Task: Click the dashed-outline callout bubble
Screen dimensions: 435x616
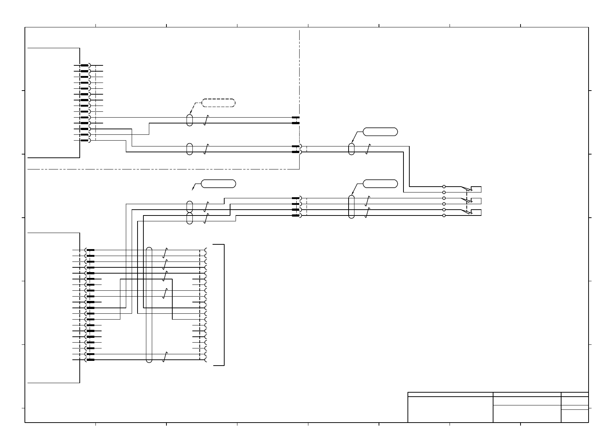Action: tap(218, 103)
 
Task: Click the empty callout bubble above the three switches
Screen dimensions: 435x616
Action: tap(380, 184)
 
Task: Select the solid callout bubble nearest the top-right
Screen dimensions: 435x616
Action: tap(380, 132)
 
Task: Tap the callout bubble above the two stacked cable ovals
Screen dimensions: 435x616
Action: tap(218, 184)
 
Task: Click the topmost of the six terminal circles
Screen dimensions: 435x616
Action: tap(444, 186)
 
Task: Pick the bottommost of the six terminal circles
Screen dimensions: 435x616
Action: tap(444, 215)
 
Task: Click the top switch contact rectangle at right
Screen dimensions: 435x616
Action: tap(476, 189)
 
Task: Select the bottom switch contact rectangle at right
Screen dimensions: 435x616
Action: tap(476, 213)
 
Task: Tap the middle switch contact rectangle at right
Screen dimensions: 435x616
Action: tap(476, 201)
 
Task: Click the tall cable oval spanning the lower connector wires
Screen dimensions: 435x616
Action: tap(149, 305)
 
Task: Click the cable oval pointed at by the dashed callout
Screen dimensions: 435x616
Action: tap(189, 120)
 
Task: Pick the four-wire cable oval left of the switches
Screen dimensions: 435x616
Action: tap(352, 207)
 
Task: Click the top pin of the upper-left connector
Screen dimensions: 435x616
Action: tap(84, 65)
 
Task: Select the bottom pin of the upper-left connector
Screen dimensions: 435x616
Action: tap(84, 141)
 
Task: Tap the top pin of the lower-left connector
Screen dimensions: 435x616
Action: tap(90, 250)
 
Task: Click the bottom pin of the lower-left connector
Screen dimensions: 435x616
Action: tap(90, 360)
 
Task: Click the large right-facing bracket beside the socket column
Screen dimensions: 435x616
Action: tap(223, 305)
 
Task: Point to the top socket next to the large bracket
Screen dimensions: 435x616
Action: tap(206, 250)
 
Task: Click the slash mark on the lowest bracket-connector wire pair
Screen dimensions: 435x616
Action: tap(165, 357)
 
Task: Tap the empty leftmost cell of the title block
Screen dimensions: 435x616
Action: tap(450, 409)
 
